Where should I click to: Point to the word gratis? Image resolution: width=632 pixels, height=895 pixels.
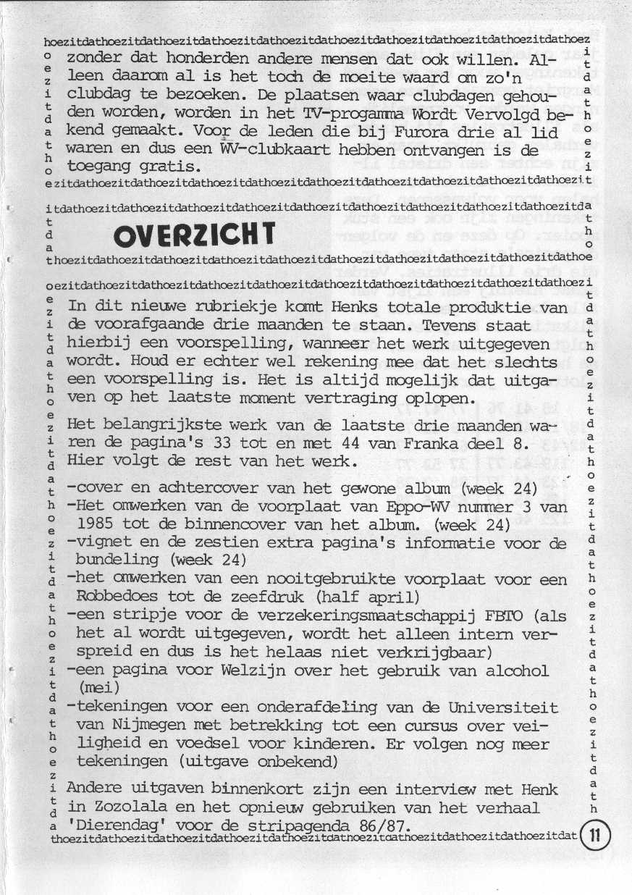tap(170, 167)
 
